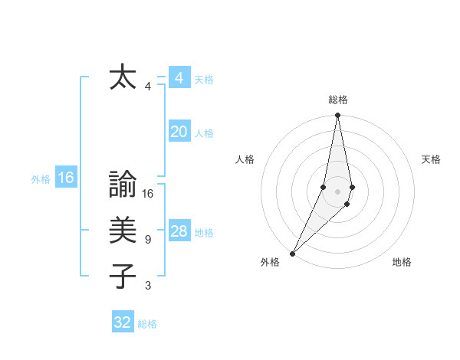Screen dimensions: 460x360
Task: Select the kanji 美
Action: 123,231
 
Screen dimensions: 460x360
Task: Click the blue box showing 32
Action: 123,322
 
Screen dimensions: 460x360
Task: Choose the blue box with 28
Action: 179,232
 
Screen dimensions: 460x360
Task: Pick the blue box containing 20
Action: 179,133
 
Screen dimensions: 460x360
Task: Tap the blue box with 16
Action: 66,178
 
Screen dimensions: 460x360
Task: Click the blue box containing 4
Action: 179,78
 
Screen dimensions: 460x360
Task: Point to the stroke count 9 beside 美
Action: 147,240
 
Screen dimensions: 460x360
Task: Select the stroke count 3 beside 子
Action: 147,286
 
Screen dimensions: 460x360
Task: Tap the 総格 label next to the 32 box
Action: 147,324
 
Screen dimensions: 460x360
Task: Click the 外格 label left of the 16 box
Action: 41,179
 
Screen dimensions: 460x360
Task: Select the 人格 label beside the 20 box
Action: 204,133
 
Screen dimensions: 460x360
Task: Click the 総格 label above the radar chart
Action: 337,100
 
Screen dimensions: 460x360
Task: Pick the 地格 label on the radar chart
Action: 402,262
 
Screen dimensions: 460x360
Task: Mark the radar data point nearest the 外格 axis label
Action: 292,253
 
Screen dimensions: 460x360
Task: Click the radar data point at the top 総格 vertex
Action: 337,116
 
